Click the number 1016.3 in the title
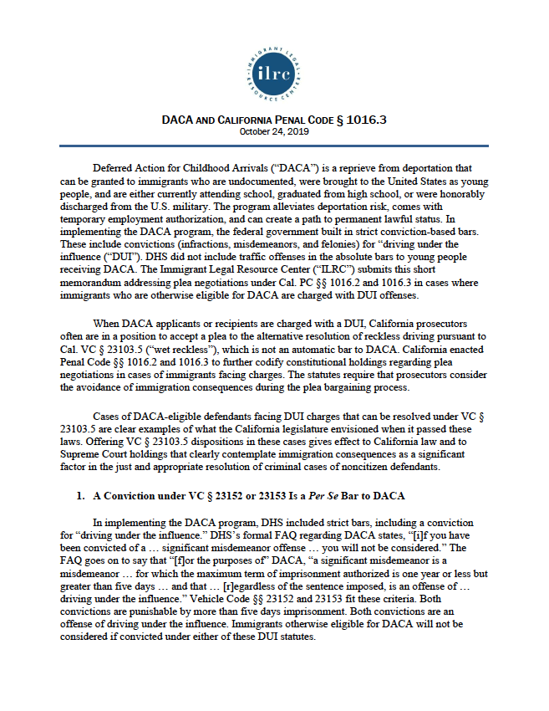(x=365, y=120)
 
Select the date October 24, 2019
(x=273, y=131)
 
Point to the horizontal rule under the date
(x=273, y=146)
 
